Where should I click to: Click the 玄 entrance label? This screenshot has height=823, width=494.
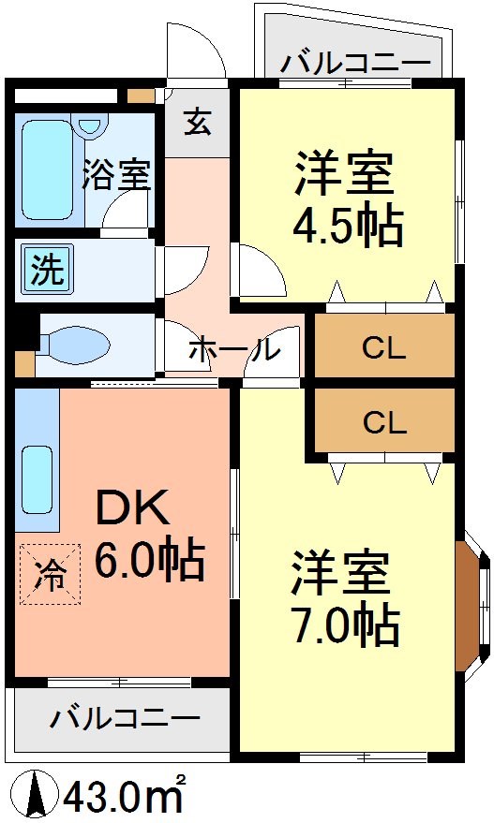tap(197, 123)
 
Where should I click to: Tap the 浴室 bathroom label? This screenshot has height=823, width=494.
tap(116, 175)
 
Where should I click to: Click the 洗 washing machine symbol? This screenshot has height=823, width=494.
tap(45, 270)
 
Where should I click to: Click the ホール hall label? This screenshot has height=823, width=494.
tap(233, 349)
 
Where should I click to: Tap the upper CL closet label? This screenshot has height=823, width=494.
tap(384, 349)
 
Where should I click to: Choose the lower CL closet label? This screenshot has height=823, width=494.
tap(384, 423)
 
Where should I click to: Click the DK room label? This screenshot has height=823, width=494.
tap(133, 510)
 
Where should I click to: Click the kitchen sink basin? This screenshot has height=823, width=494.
tap(37, 478)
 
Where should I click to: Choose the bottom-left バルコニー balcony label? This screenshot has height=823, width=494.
tap(125, 718)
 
